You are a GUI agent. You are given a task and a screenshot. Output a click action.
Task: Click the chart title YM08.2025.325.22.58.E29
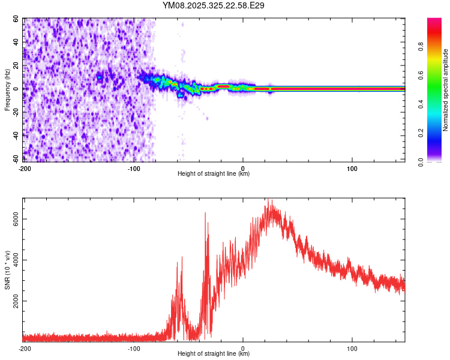(214, 5)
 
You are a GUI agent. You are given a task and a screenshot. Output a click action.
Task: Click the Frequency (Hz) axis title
(8, 89)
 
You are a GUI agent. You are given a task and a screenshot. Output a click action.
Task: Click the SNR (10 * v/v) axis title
(8, 269)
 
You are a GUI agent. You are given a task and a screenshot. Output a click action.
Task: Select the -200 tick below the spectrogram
(25, 168)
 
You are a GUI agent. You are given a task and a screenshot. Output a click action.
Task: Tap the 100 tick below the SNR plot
(352, 348)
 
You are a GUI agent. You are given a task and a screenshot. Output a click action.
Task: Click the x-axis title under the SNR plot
(214, 354)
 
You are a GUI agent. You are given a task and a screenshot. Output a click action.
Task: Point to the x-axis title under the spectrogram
(214, 174)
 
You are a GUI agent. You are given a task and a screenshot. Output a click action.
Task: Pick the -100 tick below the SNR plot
(134, 348)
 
